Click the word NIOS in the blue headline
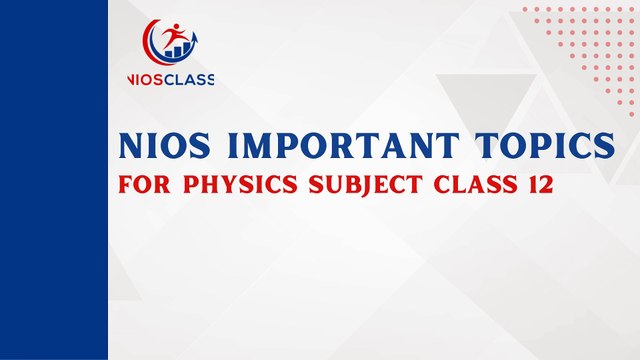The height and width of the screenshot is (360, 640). click(164, 147)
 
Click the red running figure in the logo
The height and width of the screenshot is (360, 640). click(175, 38)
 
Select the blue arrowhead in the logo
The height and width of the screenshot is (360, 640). click(194, 33)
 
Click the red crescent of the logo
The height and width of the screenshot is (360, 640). click(152, 40)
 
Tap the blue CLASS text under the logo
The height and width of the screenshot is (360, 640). click(187, 80)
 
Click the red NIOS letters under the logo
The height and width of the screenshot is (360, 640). click(143, 80)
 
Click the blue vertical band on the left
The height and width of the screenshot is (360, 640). click(54, 180)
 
